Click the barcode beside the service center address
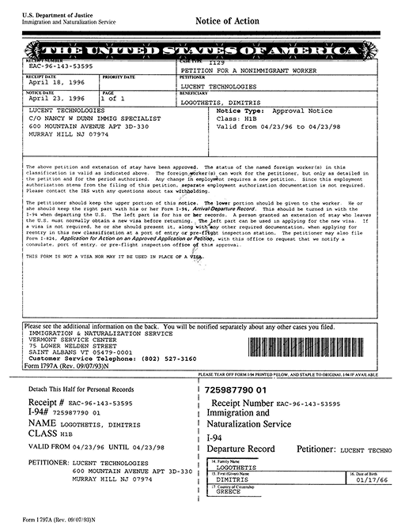[x=308, y=348]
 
